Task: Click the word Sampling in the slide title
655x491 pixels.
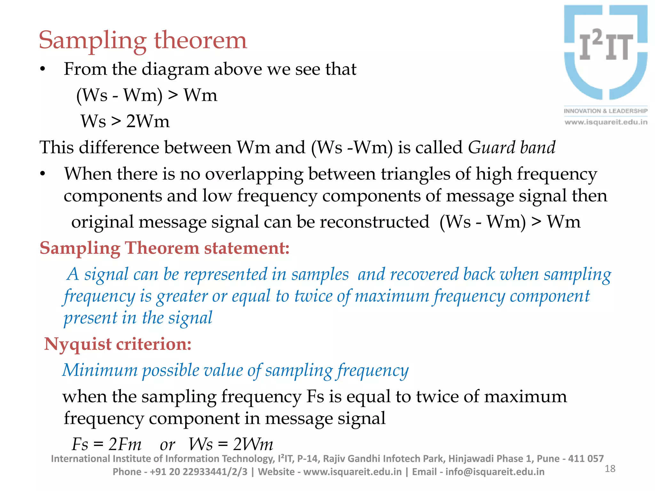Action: click(x=92, y=41)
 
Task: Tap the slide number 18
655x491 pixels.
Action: click(x=610, y=469)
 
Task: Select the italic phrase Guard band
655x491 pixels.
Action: click(x=511, y=147)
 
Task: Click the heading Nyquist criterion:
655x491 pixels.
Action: click(x=118, y=344)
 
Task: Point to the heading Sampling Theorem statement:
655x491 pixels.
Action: click(x=164, y=248)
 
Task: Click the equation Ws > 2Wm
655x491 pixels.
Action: click(x=125, y=121)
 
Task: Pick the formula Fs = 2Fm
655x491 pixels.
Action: click(x=107, y=444)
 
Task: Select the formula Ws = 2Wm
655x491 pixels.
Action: click(x=231, y=444)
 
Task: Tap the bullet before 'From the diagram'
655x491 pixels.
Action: click(x=43, y=69)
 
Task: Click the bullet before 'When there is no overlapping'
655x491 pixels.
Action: click(x=43, y=174)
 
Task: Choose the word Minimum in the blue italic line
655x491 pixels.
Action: click(x=100, y=370)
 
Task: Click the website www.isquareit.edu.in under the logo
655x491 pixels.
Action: click(x=606, y=122)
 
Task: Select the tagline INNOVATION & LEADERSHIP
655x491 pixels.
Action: click(x=605, y=111)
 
